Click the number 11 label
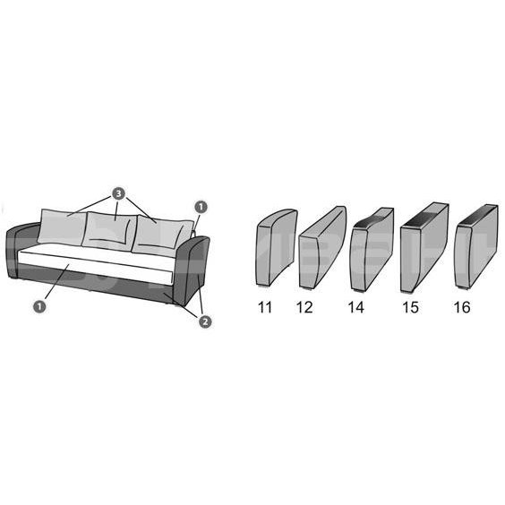pos(265,307)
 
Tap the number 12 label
pos(304,307)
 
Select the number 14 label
pos(355,307)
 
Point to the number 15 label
pos(411,307)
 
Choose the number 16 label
pos(462,307)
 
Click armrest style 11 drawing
pos(277,248)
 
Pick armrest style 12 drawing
pos(322,247)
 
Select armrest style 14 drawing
pos(372,250)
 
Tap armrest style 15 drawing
pos(424,248)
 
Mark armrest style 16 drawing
pos(476,246)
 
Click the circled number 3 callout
pos(118,193)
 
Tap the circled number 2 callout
pos(205,321)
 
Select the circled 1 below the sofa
pos(39,306)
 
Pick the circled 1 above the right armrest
pos(201,207)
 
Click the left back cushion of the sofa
pos(62,227)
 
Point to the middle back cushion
pos(109,231)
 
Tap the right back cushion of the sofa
pos(161,236)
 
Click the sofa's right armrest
pos(192,270)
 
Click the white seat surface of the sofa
pos(96,264)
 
